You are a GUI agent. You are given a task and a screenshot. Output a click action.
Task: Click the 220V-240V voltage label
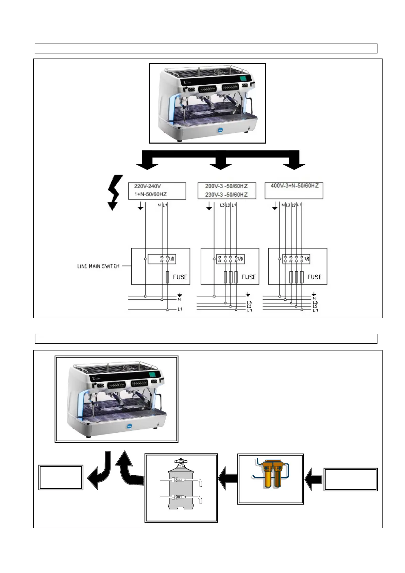click(147, 186)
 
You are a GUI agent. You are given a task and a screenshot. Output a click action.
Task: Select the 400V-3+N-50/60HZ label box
click(294, 191)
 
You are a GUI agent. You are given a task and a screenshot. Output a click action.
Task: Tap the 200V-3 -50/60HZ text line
click(226, 186)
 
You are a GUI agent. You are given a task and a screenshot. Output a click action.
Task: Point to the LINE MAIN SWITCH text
click(98, 266)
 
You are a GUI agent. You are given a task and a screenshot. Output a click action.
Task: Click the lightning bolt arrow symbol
click(114, 192)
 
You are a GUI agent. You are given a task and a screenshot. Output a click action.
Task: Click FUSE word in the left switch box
click(180, 277)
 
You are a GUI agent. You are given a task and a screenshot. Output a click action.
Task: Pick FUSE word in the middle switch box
click(249, 277)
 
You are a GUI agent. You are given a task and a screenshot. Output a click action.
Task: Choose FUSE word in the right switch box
click(314, 277)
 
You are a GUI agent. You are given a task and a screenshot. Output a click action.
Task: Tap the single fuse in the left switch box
click(167, 277)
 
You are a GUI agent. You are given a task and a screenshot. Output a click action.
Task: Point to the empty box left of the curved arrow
click(61, 477)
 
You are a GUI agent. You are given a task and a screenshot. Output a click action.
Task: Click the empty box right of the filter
click(350, 479)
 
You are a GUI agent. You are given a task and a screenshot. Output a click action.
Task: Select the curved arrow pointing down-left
click(99, 471)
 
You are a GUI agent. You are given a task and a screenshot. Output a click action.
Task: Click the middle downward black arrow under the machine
click(220, 160)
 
